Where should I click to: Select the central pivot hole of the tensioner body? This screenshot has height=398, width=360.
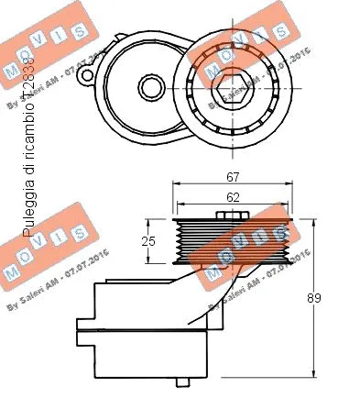point(148,89)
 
